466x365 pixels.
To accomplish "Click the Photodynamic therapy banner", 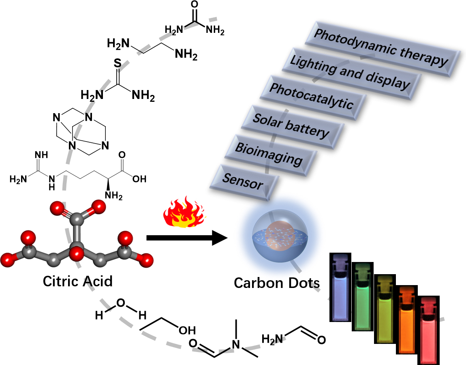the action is [x=383, y=49].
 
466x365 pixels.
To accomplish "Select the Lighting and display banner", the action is [x=352, y=73].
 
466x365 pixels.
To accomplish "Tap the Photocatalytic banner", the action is [x=313, y=98].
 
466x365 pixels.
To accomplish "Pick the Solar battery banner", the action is [x=293, y=127].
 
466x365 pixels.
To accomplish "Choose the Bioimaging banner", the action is [x=271, y=155].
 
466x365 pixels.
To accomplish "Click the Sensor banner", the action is [x=244, y=182].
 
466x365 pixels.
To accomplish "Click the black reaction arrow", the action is [x=187, y=238].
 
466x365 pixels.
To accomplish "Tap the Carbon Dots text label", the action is [x=277, y=283].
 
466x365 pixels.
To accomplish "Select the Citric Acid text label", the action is [x=77, y=281].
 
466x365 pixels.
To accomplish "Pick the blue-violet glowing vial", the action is [x=340, y=288].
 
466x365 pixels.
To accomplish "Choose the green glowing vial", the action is [x=363, y=296].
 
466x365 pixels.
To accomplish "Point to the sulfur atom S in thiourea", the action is [x=118, y=63].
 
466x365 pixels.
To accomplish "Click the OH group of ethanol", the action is [x=187, y=330].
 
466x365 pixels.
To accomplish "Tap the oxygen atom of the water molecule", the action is [x=120, y=303].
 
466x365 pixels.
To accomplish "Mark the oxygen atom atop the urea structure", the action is [x=194, y=4].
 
